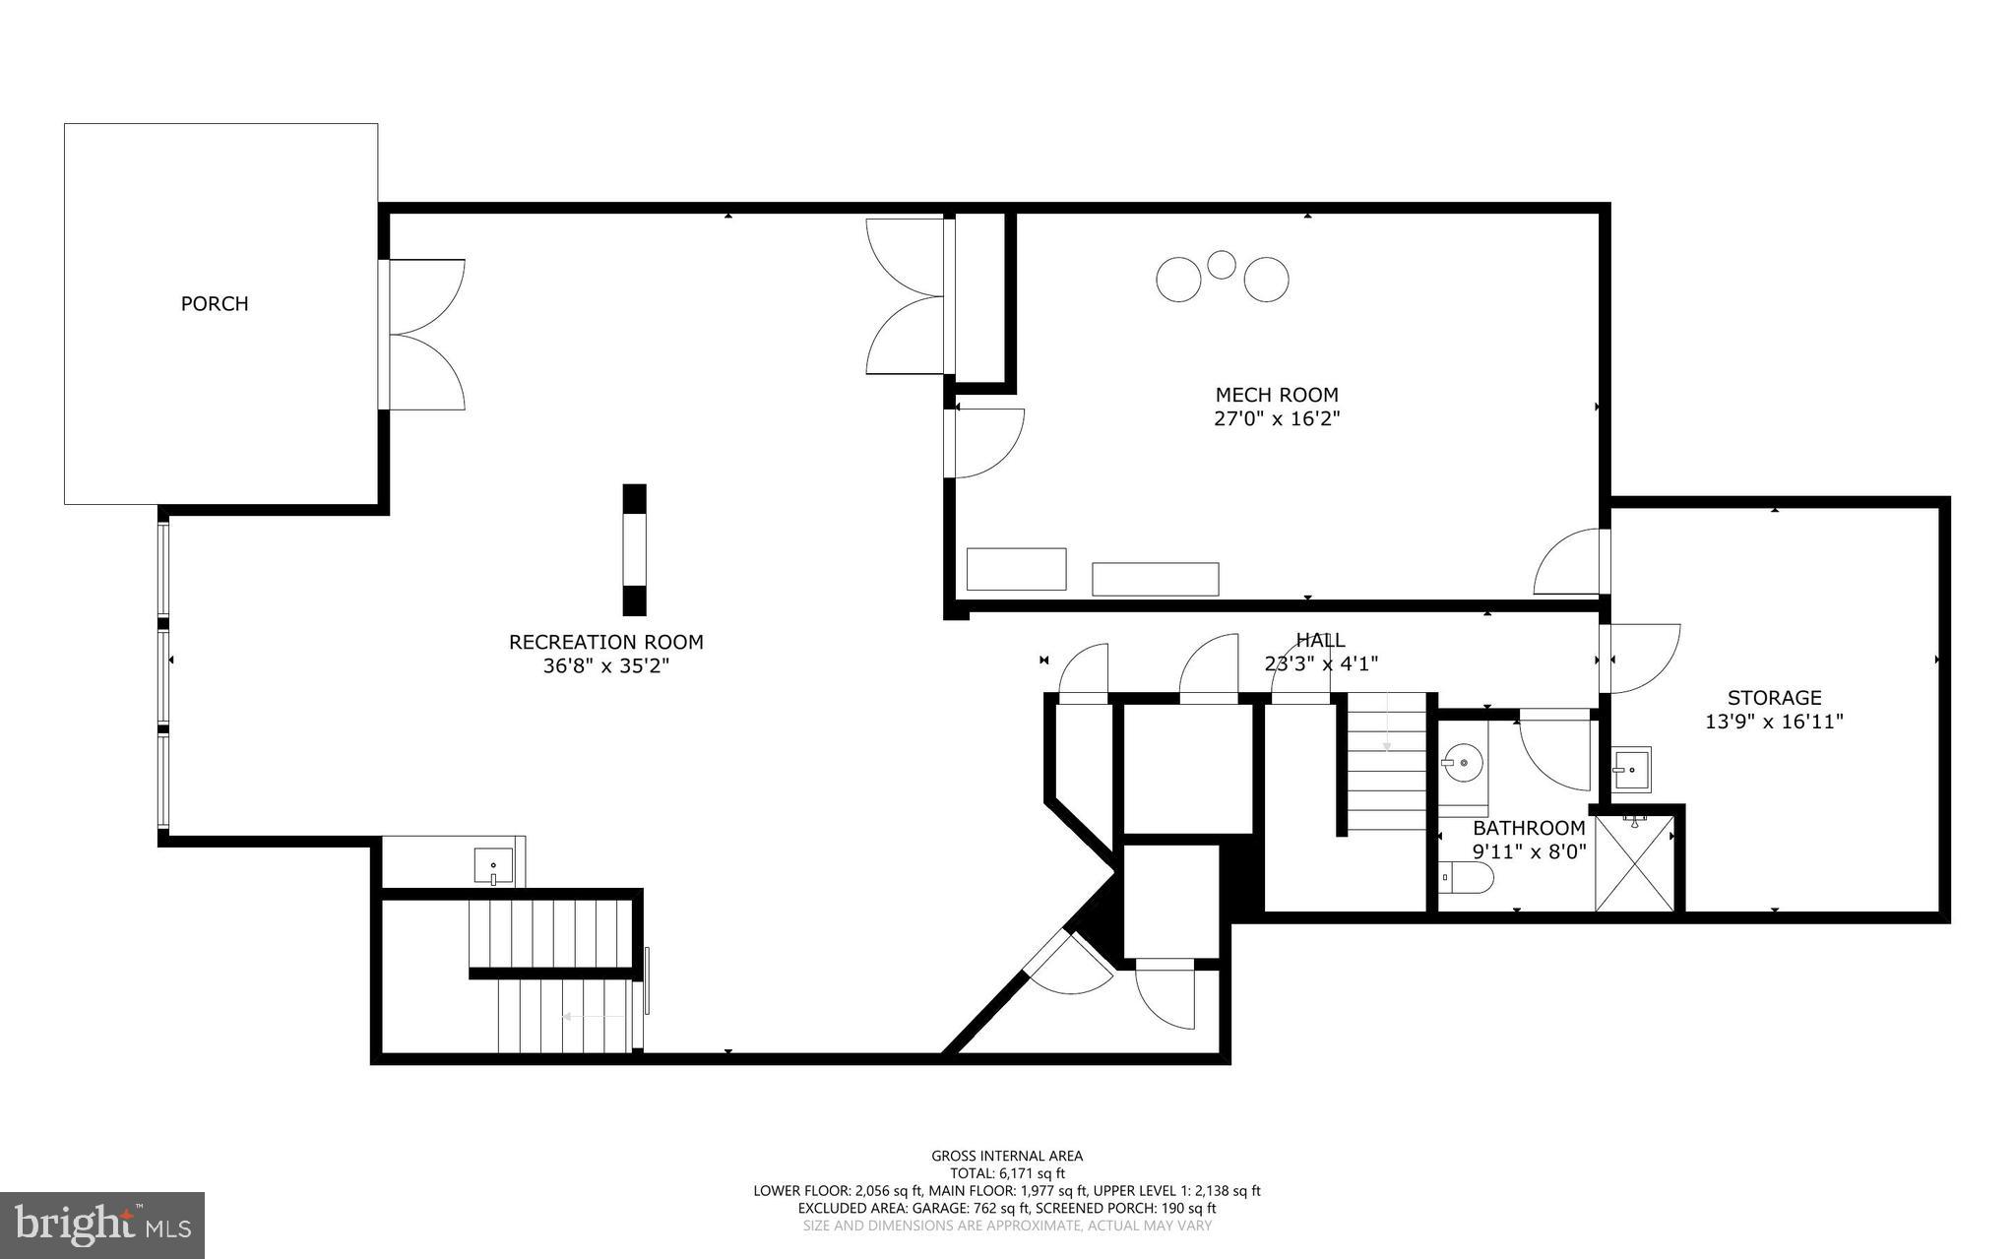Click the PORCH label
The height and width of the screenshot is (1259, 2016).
[215, 304]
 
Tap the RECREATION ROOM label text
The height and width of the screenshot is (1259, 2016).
[605, 643]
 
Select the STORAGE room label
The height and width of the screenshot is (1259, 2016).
[1774, 698]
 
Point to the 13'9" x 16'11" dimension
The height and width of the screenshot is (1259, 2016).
[1774, 722]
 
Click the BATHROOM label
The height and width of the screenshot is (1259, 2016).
[1529, 829]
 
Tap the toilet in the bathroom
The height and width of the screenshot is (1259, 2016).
[1466, 876]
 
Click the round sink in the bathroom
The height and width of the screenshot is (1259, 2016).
[1463, 762]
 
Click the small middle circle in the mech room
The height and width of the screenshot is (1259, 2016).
[1222, 265]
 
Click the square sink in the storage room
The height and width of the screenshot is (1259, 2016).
[1631, 769]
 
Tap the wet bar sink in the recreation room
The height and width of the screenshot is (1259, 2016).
[493, 867]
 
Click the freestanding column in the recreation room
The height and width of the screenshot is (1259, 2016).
[635, 549]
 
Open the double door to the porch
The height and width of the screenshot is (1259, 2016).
[423, 335]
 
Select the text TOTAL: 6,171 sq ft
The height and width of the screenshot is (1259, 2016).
[1007, 1173]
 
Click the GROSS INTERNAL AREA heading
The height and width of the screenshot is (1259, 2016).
[1007, 1156]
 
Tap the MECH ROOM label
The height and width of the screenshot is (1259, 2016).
[1277, 396]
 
